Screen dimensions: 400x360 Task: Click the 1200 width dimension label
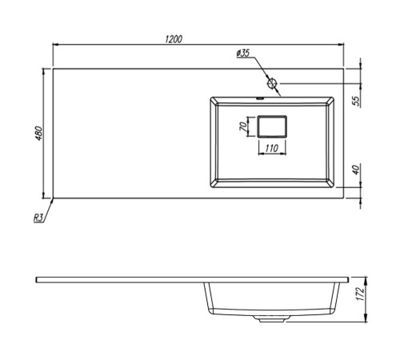click(174, 39)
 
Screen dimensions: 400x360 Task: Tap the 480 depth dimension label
click(38, 134)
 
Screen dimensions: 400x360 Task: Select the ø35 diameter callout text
click(243, 53)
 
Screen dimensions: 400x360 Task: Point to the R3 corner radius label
click(38, 218)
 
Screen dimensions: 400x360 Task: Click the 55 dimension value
click(356, 101)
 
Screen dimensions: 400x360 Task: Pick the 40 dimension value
click(356, 170)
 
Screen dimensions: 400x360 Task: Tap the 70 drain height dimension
click(243, 126)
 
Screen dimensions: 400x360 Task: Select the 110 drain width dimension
click(272, 148)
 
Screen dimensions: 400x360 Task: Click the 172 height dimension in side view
click(360, 294)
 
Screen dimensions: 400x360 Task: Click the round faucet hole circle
click(272, 83)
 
